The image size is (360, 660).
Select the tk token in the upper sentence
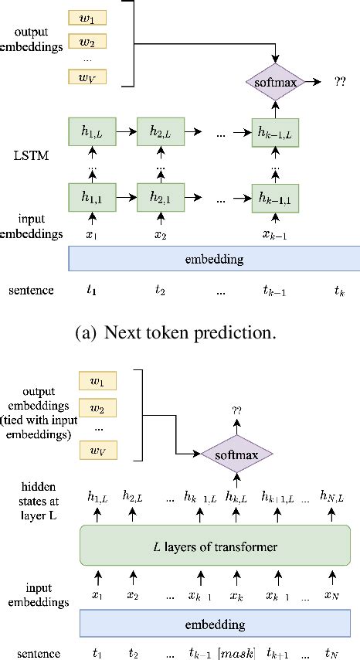(337, 291)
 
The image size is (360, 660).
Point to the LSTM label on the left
(32, 158)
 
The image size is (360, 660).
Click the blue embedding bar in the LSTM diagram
(215, 259)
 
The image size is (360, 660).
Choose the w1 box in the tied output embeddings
(97, 382)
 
